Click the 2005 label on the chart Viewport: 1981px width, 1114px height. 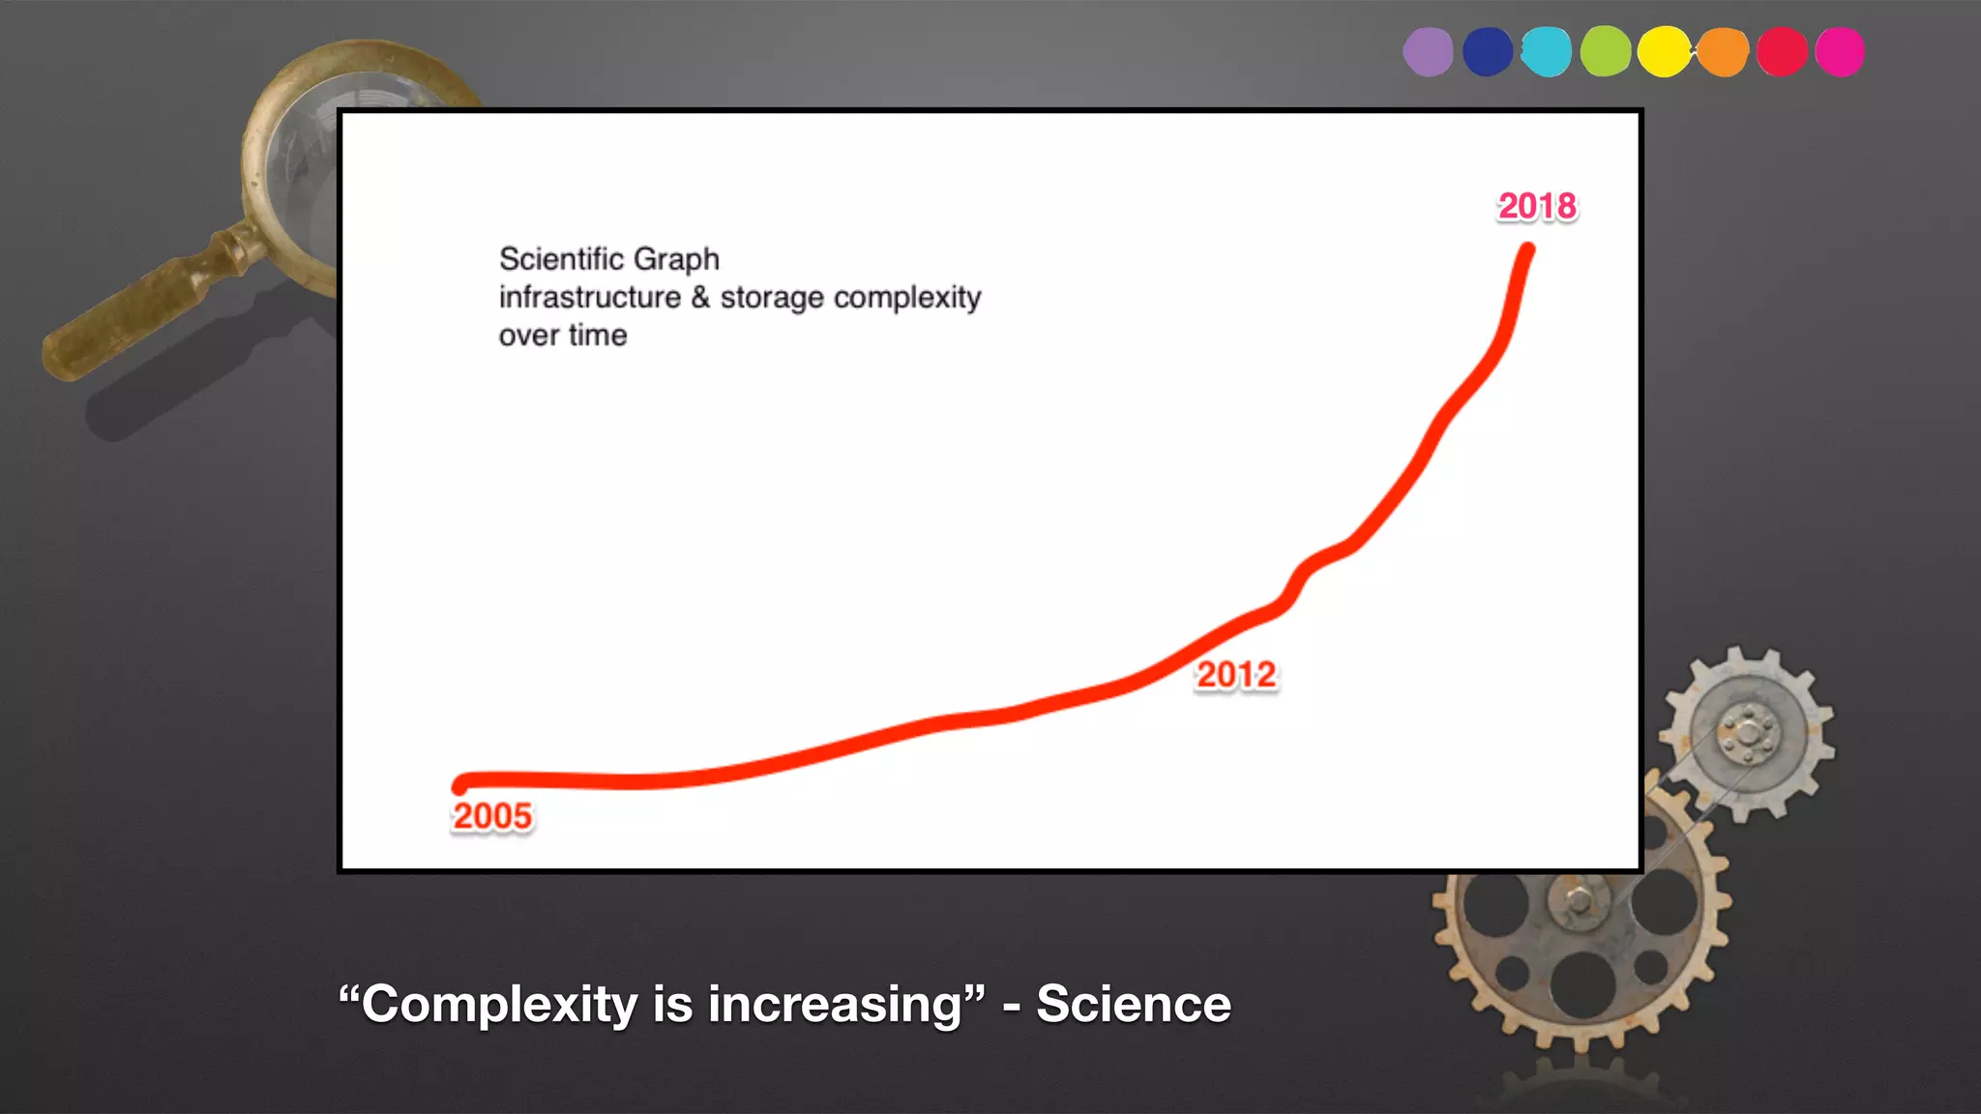click(492, 816)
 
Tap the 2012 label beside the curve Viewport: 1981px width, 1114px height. click(1236, 675)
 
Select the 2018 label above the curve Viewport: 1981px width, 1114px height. click(1537, 206)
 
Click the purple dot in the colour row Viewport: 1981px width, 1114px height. click(1428, 52)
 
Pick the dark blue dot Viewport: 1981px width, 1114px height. click(1488, 52)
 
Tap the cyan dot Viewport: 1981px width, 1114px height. click(1546, 52)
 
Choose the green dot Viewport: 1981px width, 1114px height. click(1606, 52)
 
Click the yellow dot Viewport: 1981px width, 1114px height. click(1664, 52)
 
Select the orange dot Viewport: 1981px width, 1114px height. click(1723, 52)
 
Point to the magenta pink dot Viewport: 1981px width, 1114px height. click(1840, 52)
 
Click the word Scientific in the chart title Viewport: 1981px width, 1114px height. click(561, 259)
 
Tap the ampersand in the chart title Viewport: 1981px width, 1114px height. click(700, 297)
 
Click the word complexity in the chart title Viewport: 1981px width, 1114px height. click(907, 298)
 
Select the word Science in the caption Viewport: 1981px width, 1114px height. click(1134, 1004)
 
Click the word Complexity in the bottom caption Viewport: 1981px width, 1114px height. click(499, 1004)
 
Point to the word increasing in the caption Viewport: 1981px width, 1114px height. click(836, 1004)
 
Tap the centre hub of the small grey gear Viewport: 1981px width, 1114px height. click(1748, 733)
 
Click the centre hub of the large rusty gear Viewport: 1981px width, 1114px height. click(1579, 901)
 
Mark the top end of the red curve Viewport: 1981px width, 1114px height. click(1527, 251)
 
